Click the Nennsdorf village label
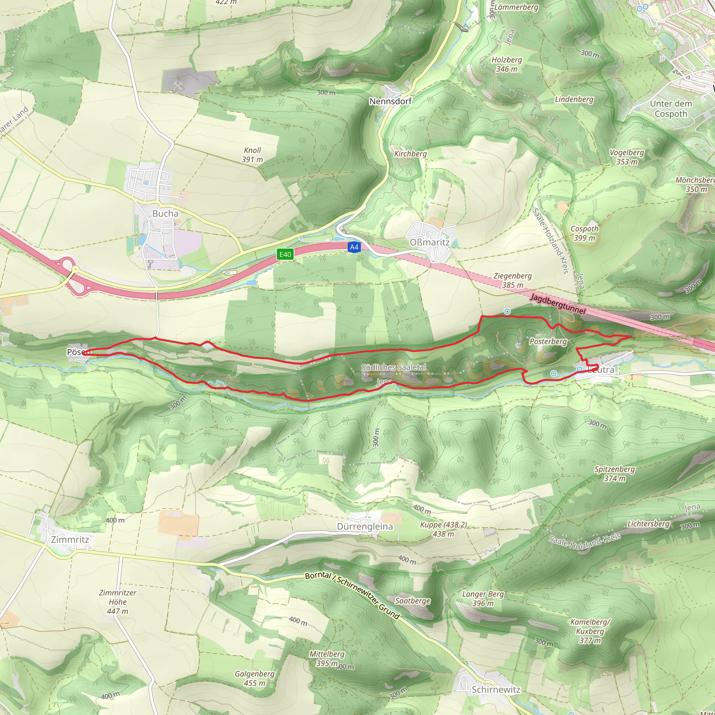tap(390, 101)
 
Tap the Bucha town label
tap(165, 214)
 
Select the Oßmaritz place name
tap(429, 242)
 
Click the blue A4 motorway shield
tap(354, 247)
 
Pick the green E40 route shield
tap(285, 254)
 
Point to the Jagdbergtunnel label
tap(558, 304)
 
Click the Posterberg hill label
tap(548, 341)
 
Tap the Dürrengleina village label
tap(364, 526)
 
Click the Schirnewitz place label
tap(496, 690)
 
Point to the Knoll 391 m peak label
tap(252, 155)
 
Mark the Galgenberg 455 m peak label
tap(255, 678)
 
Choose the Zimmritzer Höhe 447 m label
tap(118, 602)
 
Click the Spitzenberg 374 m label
tap(615, 474)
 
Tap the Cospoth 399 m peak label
tap(584, 233)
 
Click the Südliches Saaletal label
tap(393, 367)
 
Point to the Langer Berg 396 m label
tap(483, 598)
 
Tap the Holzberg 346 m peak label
tap(507, 64)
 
